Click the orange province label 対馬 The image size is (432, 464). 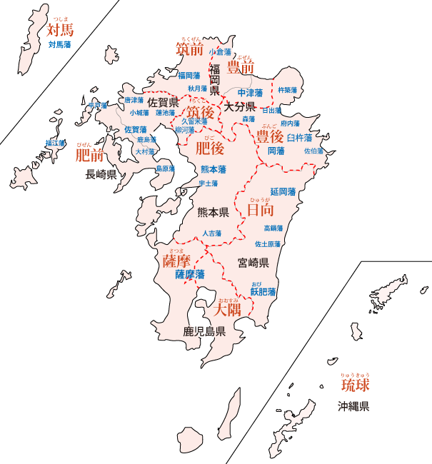(x=60, y=30)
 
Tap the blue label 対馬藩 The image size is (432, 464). (x=60, y=44)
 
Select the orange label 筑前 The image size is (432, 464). (x=190, y=49)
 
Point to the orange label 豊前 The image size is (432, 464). (x=241, y=68)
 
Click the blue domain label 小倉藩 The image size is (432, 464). (x=220, y=52)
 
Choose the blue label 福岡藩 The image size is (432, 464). (x=190, y=75)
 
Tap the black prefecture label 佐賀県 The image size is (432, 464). (x=163, y=103)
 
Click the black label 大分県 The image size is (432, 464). (x=240, y=106)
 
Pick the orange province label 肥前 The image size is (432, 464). (x=89, y=154)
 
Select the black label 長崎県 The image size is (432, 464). (x=101, y=173)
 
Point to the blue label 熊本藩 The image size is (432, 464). (x=214, y=169)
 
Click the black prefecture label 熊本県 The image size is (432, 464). (x=213, y=212)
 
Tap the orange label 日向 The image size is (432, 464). (x=260, y=210)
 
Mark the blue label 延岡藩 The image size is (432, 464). (x=283, y=192)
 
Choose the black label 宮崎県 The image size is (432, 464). (x=253, y=263)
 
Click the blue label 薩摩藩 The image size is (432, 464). (x=190, y=274)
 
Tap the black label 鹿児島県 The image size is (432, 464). (x=204, y=331)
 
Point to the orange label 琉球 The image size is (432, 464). (x=355, y=386)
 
